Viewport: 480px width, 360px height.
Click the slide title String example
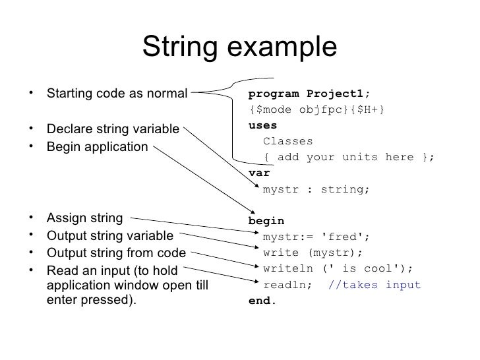(239, 47)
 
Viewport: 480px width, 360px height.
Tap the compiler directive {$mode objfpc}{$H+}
(317, 109)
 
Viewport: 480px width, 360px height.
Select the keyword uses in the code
(262, 125)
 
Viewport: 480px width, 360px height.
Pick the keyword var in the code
(259, 173)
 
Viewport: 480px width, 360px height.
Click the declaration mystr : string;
(316, 189)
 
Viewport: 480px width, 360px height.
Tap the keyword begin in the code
(266, 221)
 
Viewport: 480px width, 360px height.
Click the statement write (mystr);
(313, 253)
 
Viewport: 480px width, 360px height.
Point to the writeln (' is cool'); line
(338, 269)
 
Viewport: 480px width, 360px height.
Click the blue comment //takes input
(374, 285)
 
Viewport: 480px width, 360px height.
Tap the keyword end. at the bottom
(262, 301)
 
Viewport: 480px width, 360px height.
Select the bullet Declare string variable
(113, 129)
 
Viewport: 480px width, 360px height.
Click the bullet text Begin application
(97, 146)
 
